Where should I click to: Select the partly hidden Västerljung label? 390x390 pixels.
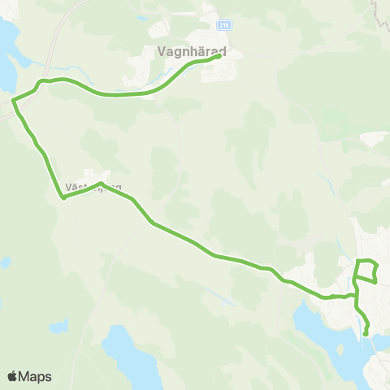(92, 188)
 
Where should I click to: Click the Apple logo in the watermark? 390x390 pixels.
(12, 376)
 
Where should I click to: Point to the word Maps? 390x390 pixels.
(35, 376)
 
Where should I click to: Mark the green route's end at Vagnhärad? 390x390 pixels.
(220, 56)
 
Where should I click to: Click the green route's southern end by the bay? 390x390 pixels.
(366, 332)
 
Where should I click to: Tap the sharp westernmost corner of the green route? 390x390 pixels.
(13, 101)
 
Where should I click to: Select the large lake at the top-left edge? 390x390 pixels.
(6, 57)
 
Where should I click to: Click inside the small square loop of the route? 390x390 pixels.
(367, 271)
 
